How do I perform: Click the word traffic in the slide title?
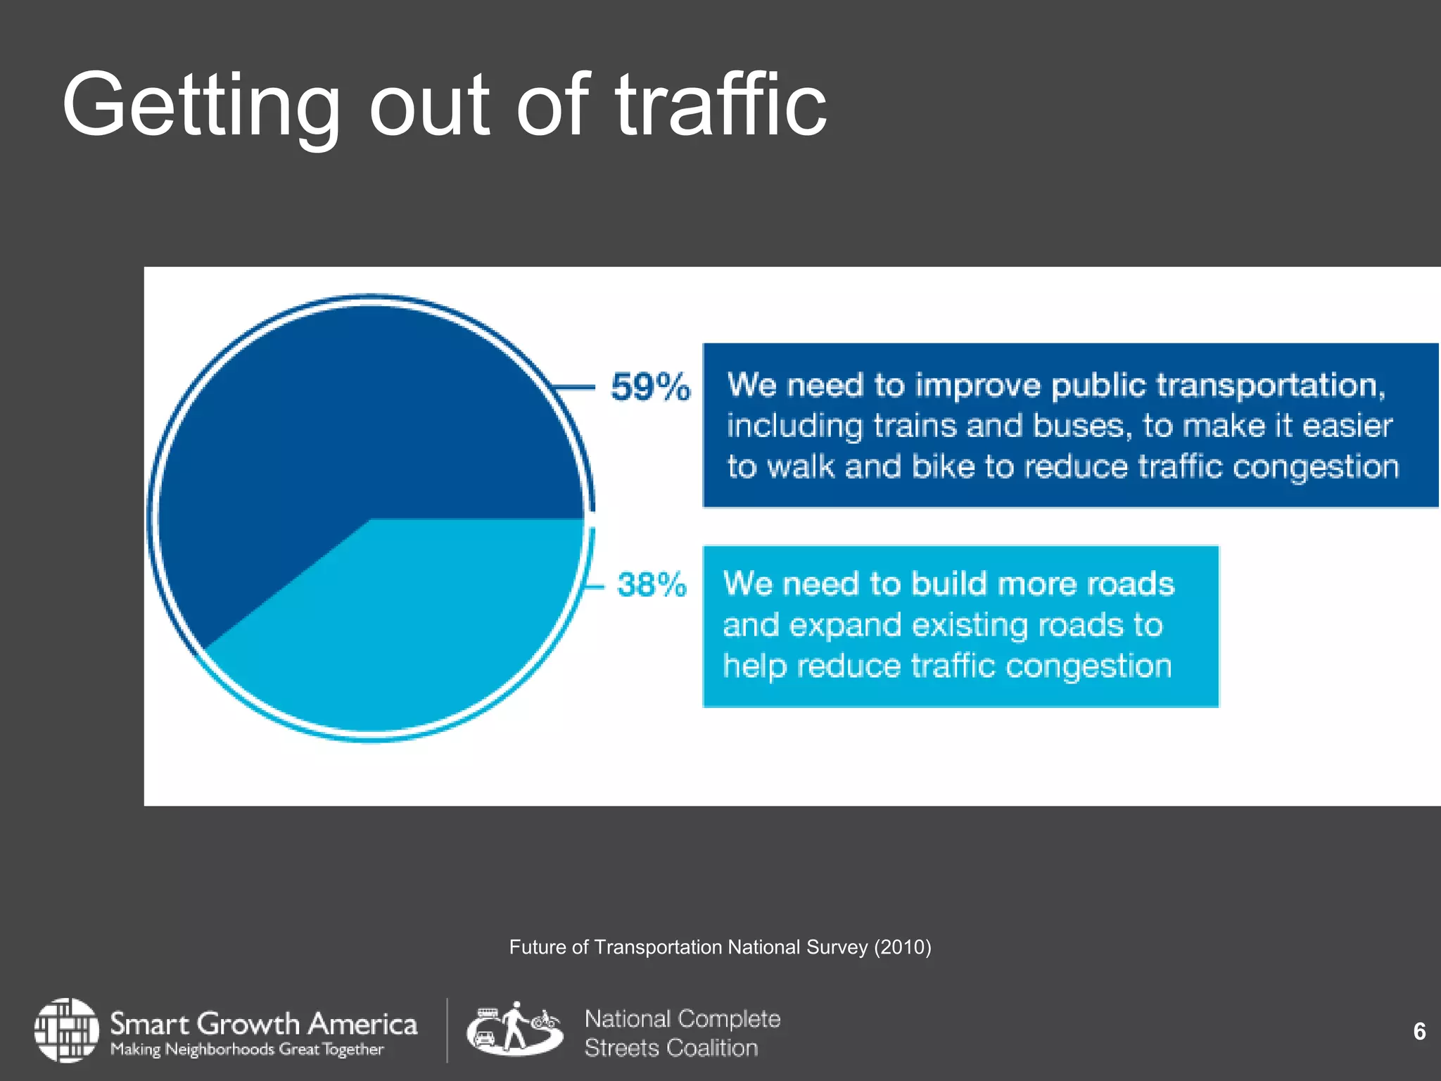(721, 106)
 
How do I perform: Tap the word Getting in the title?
(201, 106)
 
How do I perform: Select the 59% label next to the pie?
(650, 387)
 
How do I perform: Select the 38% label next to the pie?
(652, 585)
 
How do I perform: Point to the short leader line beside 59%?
(573, 387)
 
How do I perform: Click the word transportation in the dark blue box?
(1271, 386)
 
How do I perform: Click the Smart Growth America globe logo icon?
(67, 1030)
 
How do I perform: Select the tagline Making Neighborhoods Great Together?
(247, 1049)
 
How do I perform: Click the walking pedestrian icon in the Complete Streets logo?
(515, 1027)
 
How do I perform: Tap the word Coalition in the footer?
(712, 1048)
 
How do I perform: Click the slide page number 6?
(1419, 1031)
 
